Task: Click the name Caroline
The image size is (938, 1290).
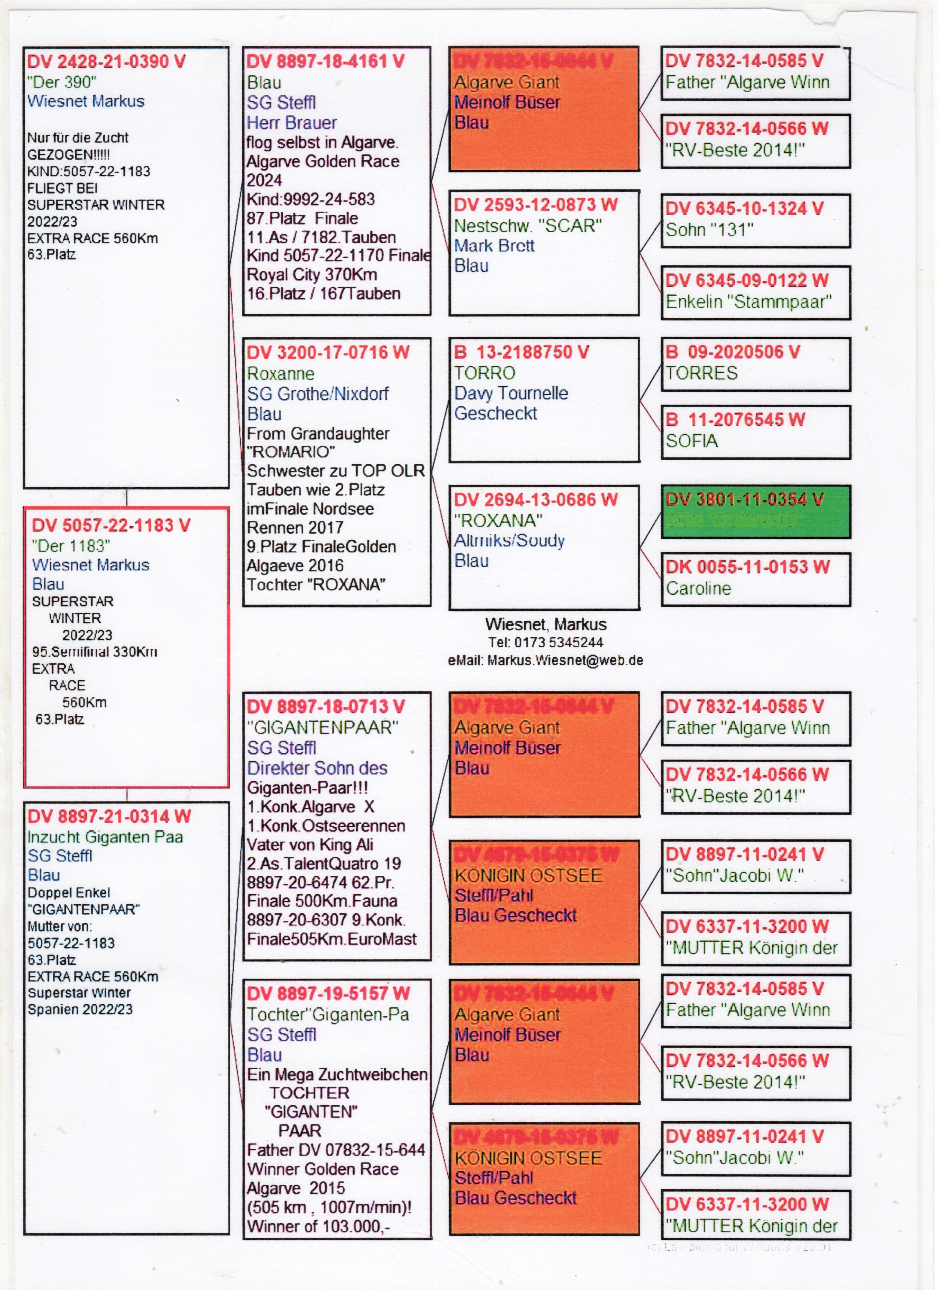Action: click(699, 588)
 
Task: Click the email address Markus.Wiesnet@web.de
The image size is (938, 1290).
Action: click(565, 660)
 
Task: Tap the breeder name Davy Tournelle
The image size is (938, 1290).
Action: click(511, 393)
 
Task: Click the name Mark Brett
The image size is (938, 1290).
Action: click(494, 246)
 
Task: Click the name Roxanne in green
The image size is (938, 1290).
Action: click(281, 374)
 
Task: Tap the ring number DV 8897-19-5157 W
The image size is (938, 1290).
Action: click(328, 994)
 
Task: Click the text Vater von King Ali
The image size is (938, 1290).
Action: click(310, 845)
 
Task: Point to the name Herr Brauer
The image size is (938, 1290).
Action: click(291, 122)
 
